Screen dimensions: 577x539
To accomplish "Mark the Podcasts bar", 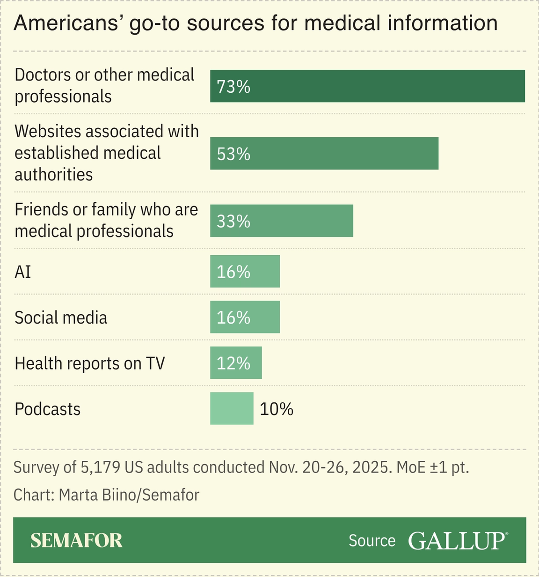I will pyautogui.click(x=232, y=408).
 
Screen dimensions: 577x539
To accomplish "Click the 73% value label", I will pyautogui.click(x=233, y=87).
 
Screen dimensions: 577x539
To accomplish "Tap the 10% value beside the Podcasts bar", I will pyautogui.click(x=277, y=409).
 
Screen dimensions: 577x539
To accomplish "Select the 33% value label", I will pyautogui.click(x=233, y=221).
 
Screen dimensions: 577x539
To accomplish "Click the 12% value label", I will pyautogui.click(x=233, y=363).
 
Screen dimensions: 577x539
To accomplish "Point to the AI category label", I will pyautogui.click(x=23, y=272).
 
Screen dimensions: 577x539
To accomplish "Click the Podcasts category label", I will pyautogui.click(x=48, y=409).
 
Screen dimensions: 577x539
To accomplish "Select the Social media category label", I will pyautogui.click(x=61, y=318).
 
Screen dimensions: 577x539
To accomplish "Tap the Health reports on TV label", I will pyautogui.click(x=90, y=363).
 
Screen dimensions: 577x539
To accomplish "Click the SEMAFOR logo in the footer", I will pyautogui.click(x=76, y=540).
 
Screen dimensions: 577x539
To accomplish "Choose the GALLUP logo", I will pyautogui.click(x=457, y=540).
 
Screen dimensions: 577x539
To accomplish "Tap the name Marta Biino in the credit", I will pyautogui.click(x=96, y=495).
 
